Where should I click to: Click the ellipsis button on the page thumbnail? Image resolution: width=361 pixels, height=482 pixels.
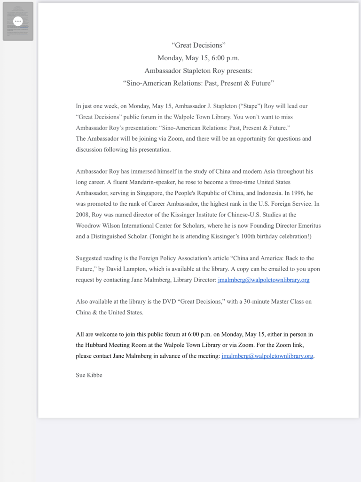coord(18,21)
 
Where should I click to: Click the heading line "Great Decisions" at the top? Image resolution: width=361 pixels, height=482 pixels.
coord(198,45)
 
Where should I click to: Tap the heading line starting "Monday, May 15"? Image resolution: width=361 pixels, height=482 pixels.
coord(198,58)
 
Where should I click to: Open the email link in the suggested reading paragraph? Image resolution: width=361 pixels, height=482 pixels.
coord(264,280)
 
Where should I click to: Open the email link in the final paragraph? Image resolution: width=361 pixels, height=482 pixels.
coord(267,356)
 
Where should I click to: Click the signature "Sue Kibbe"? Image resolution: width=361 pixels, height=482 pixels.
coord(89,375)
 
